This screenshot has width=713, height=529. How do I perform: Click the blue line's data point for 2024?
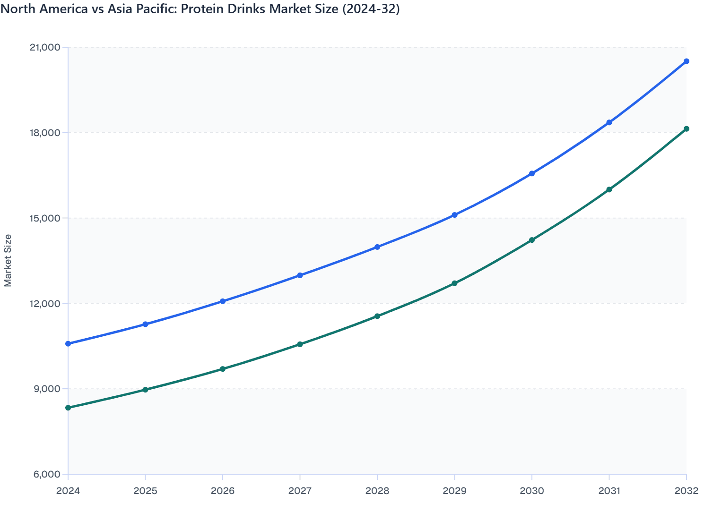[68, 343]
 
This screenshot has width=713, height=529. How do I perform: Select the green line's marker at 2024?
[68, 408]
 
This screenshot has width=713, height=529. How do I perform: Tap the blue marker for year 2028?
[377, 247]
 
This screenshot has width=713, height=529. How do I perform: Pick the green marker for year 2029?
[454, 283]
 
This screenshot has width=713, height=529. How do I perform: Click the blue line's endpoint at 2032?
[687, 61]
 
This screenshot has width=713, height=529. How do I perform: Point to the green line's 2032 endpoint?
[687, 129]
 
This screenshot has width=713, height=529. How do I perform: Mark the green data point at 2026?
[223, 369]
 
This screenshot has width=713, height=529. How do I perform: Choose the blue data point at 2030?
[532, 173]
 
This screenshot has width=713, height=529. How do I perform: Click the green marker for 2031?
[609, 189]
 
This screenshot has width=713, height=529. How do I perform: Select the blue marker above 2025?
[146, 324]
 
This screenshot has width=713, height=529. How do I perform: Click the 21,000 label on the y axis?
[45, 47]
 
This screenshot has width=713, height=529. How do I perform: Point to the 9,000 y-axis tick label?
[48, 389]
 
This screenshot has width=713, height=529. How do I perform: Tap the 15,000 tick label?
[45, 218]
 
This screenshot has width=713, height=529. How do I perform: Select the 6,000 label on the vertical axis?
[48, 474]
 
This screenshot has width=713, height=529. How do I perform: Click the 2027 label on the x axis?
[300, 491]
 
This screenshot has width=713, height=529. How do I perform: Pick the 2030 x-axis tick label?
[532, 491]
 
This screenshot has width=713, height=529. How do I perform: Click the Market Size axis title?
[8, 260]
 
